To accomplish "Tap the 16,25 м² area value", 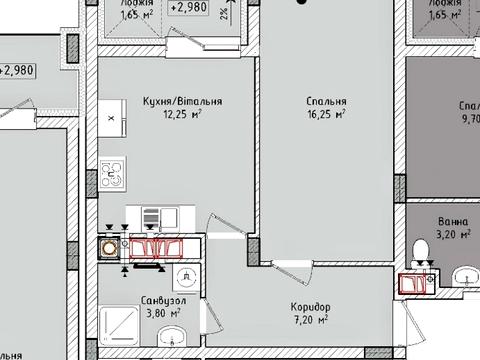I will click(x=326, y=115).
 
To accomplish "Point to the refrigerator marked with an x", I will click(x=111, y=117).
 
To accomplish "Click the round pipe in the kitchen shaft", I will click(x=106, y=245).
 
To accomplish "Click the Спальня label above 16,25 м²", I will click(x=326, y=101).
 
